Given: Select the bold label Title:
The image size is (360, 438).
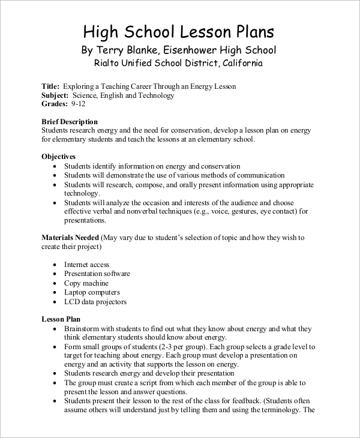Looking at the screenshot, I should [x=50, y=86].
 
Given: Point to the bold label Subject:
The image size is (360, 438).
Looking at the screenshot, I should [x=55, y=95].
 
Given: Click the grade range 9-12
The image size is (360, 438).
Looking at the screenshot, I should [x=79, y=104].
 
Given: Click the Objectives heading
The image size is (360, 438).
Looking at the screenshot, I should [x=59, y=157].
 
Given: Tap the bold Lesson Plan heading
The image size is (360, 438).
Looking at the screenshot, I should [x=61, y=319].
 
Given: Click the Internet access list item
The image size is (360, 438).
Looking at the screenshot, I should [x=86, y=265].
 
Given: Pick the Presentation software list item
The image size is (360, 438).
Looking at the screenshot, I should [x=97, y=274].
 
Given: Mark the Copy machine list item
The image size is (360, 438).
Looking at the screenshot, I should [x=86, y=283].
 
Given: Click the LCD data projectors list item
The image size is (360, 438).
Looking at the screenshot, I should [x=95, y=302].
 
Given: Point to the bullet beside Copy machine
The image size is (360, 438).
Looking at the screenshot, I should [x=55, y=283].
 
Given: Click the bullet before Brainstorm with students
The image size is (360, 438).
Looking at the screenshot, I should [x=55, y=329].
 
